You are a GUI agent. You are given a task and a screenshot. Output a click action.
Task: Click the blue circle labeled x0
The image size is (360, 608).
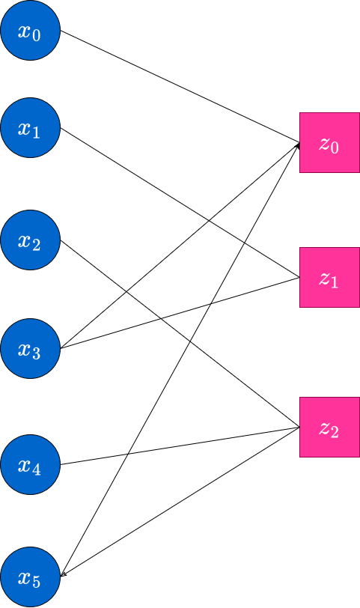point(30,30)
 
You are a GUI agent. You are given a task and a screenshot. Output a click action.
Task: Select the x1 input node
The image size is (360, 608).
point(30,127)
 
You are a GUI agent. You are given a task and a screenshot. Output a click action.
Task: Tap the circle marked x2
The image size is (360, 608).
point(30,240)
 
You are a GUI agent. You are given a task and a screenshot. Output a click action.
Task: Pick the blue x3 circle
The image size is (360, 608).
point(30,349)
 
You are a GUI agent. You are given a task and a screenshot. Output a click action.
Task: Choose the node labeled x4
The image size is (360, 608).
point(30,464)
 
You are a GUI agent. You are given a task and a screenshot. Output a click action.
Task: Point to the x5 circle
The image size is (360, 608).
point(30,577)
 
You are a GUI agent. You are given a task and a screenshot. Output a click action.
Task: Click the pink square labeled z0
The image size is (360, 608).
point(329,143)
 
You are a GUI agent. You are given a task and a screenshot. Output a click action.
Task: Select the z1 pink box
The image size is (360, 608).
point(329,277)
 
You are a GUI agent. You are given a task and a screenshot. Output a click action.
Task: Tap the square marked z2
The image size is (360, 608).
point(329,427)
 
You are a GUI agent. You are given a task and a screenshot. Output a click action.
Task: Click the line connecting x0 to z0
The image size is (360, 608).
point(180,86)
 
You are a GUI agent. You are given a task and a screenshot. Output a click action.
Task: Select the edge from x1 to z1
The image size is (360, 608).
point(180,202)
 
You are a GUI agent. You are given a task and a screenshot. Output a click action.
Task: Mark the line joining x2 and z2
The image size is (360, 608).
point(180,333)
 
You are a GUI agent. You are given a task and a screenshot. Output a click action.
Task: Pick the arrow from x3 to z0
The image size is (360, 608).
point(180,246)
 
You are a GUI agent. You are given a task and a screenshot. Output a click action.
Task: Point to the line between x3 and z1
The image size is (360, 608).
point(180,313)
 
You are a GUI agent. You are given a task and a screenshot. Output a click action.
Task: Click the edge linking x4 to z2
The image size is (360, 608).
point(180,446)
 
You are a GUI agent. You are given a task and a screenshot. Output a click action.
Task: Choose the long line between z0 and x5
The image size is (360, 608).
point(180,360)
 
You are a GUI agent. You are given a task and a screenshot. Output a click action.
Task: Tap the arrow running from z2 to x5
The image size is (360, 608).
point(180,502)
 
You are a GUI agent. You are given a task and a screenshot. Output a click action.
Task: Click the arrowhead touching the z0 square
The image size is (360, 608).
point(298,145)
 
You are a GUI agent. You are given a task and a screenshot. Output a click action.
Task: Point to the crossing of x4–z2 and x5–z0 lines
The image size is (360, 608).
point(128,454)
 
